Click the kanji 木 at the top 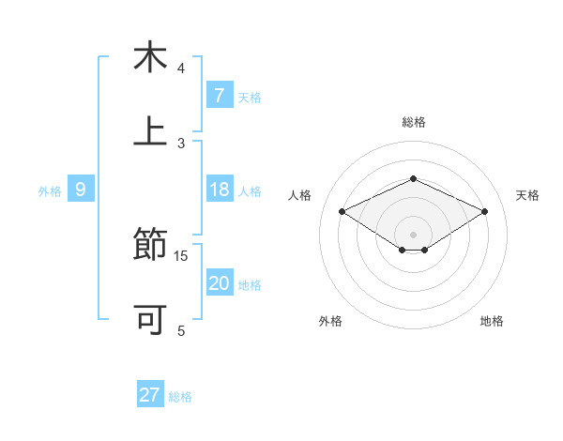point(150,57)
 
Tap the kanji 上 point(150,131)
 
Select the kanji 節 point(150,246)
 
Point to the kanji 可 point(150,320)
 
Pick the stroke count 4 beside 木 point(181,68)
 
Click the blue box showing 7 point(219,96)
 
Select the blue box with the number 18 point(219,190)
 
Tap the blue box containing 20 point(219,283)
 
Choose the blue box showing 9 point(81,190)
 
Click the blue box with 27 point(150,395)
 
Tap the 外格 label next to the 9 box point(50,190)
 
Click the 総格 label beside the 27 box point(180,396)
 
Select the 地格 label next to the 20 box point(250,284)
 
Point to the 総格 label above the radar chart point(413,122)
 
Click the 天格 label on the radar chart point(527,195)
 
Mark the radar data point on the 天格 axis point(485,212)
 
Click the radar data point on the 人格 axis point(342,212)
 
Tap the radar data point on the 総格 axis point(413,178)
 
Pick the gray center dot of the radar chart point(413,234)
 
